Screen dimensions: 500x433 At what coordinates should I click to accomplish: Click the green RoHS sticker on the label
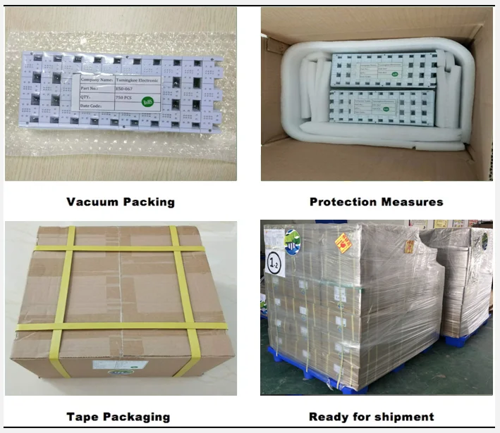tap(147, 101)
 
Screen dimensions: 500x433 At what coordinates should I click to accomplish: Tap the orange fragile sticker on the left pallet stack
tap(343, 242)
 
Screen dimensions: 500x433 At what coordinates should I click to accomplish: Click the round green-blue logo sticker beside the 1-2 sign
tap(292, 241)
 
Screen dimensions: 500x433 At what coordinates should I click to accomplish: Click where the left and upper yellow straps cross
tap(68, 249)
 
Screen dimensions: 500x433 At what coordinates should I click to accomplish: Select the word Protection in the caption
tap(343, 202)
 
